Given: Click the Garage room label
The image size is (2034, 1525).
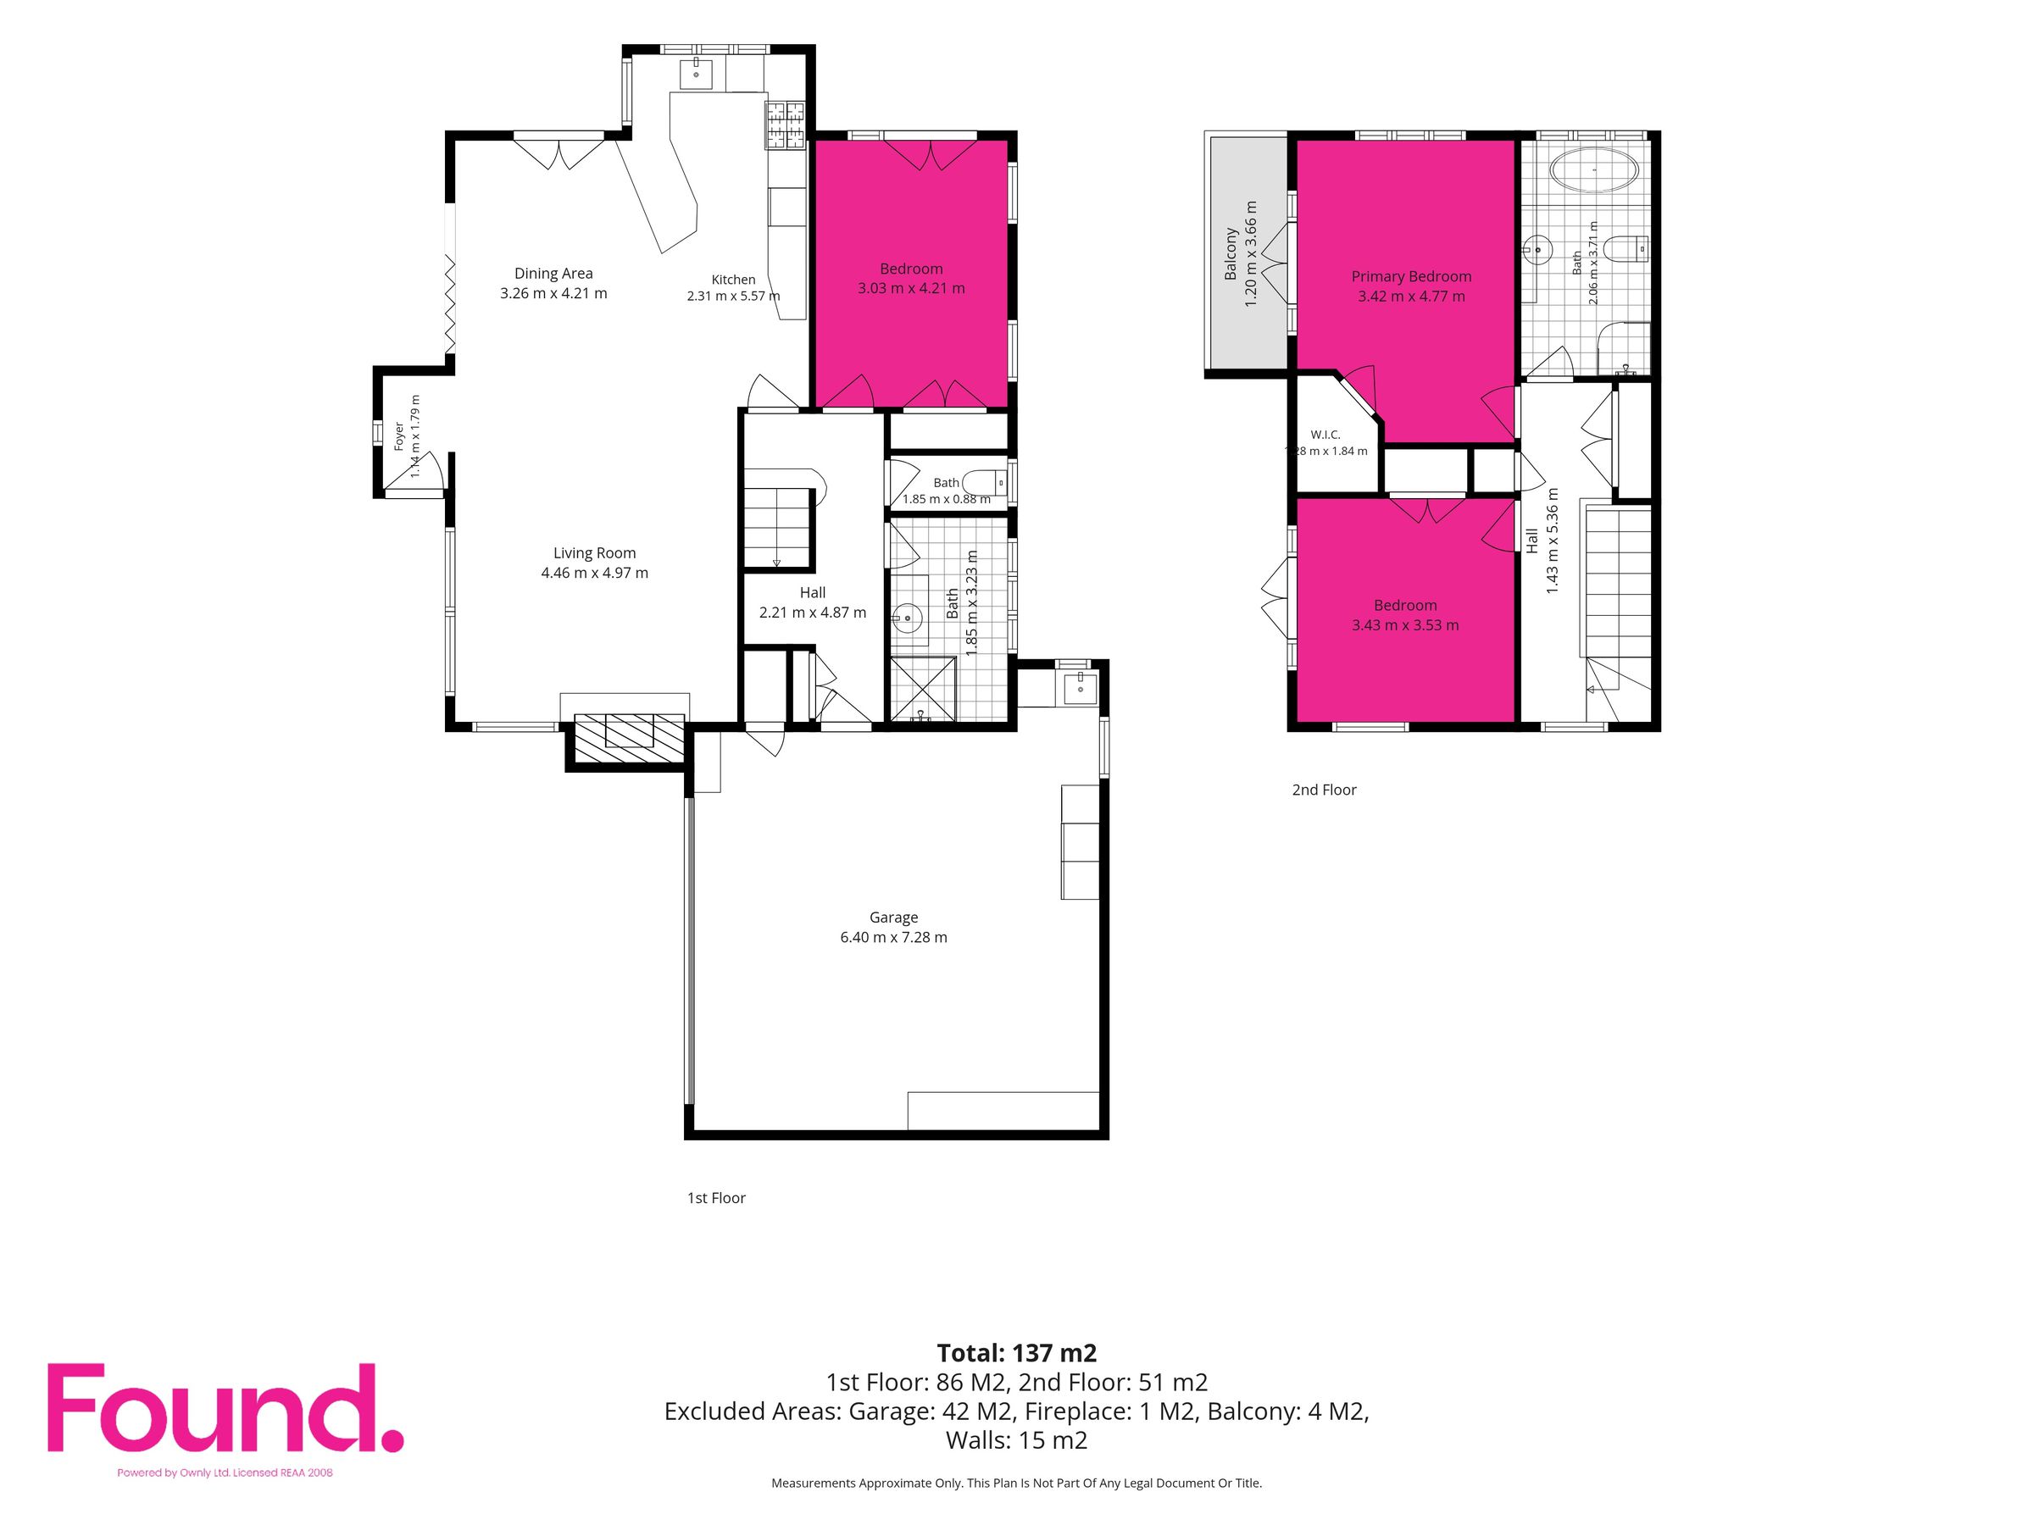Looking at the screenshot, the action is pos(893,918).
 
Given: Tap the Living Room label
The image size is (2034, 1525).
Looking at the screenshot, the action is pos(594,552).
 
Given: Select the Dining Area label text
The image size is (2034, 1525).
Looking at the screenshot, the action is pos(553,273).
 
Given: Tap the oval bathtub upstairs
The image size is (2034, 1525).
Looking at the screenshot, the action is pos(1593,170).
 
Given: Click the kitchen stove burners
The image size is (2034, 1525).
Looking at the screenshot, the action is pos(784,125).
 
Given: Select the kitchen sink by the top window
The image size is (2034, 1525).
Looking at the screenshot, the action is pos(696,73).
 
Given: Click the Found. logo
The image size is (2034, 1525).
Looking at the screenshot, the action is pos(225,1407).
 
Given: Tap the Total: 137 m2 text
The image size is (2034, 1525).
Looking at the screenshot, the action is pos(1016,1353).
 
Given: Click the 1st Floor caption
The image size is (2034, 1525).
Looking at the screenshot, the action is pos(715,1198).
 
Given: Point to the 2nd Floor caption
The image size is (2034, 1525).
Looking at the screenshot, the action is pos(1323,790).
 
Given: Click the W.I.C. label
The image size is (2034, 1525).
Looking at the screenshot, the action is pos(1325,435).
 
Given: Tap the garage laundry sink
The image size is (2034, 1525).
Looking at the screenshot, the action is pos(1080,686).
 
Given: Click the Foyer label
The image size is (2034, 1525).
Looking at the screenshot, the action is pos(399,436).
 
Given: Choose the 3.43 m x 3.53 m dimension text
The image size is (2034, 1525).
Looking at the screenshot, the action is pos(1404,625).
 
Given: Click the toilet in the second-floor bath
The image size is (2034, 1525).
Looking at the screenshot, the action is pos(1625,248).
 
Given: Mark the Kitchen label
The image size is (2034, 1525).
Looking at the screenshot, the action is pos(733,280).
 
